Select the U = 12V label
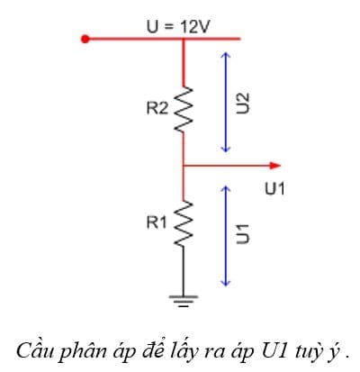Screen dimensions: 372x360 (x=177, y=25)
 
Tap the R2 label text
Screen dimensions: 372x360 (x=157, y=108)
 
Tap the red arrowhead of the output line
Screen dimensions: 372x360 (x=274, y=166)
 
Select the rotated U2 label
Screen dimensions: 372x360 (x=240, y=102)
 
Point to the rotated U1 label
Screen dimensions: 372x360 (x=240, y=231)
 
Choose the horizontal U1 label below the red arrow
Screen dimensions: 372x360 (x=275, y=188)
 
